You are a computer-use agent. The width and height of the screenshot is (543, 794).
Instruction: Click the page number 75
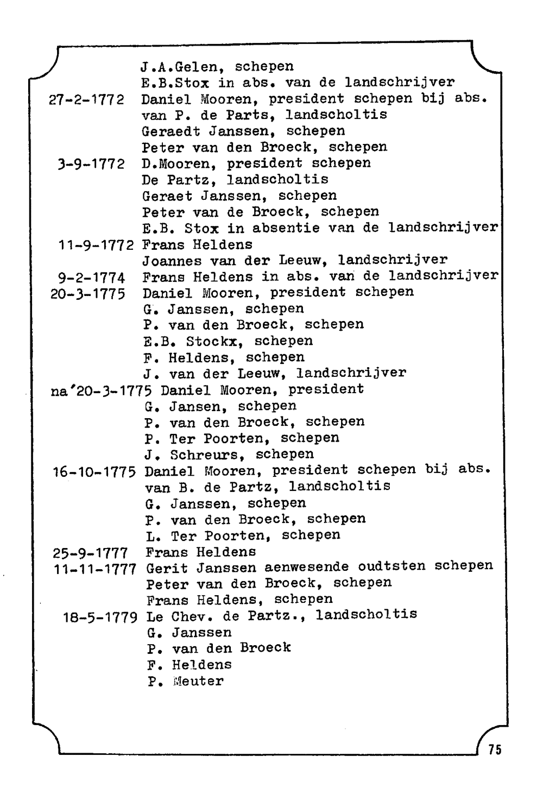[495, 749]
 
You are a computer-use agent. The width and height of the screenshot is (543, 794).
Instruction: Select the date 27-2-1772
[86, 100]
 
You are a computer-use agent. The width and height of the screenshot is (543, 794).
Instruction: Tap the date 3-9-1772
[91, 164]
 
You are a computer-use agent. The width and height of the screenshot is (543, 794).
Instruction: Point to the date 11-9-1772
[96, 245]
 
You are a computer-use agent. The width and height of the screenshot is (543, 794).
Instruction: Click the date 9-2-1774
[91, 278]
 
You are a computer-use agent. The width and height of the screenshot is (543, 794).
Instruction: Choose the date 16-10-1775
[94, 471]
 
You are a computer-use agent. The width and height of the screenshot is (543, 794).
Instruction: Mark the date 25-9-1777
[90, 553]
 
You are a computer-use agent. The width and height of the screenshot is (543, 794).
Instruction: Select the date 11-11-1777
[95, 569]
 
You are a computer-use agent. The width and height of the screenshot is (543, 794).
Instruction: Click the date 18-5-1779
[101, 617]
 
